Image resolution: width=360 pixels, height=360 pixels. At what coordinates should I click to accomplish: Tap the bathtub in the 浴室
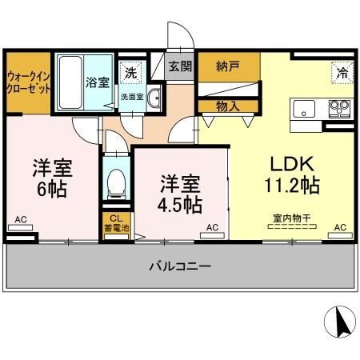click(70, 82)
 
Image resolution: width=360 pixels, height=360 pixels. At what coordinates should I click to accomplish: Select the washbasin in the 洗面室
click(154, 98)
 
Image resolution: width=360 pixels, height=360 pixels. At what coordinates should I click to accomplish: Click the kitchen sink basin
click(304, 109)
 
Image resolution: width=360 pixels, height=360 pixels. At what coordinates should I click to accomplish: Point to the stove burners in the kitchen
click(339, 109)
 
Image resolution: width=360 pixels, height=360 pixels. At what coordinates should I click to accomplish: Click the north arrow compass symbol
click(340, 322)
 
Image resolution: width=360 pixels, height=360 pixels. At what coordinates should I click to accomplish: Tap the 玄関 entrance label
click(180, 66)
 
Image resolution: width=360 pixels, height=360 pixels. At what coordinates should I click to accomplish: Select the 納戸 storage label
click(228, 66)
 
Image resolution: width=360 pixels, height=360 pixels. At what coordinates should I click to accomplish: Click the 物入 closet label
click(228, 106)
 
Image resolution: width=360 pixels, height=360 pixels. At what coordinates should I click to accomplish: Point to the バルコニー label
click(180, 266)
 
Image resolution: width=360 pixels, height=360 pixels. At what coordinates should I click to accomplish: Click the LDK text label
click(292, 164)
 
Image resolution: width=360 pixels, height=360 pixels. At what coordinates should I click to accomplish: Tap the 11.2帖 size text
click(292, 185)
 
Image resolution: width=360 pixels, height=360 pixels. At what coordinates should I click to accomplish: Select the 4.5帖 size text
click(180, 205)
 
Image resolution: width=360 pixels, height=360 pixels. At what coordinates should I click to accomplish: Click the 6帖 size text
click(52, 189)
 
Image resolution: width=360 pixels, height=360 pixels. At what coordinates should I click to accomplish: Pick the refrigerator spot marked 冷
click(342, 72)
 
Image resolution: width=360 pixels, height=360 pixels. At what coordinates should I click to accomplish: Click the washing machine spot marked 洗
click(131, 73)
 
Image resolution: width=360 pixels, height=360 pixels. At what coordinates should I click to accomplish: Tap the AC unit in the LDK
click(340, 235)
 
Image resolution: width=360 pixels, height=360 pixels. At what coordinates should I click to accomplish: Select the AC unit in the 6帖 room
click(21, 227)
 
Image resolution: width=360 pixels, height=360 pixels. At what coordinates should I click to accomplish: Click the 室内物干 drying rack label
click(292, 218)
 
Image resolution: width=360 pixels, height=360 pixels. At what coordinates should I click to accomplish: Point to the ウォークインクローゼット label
click(28, 82)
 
